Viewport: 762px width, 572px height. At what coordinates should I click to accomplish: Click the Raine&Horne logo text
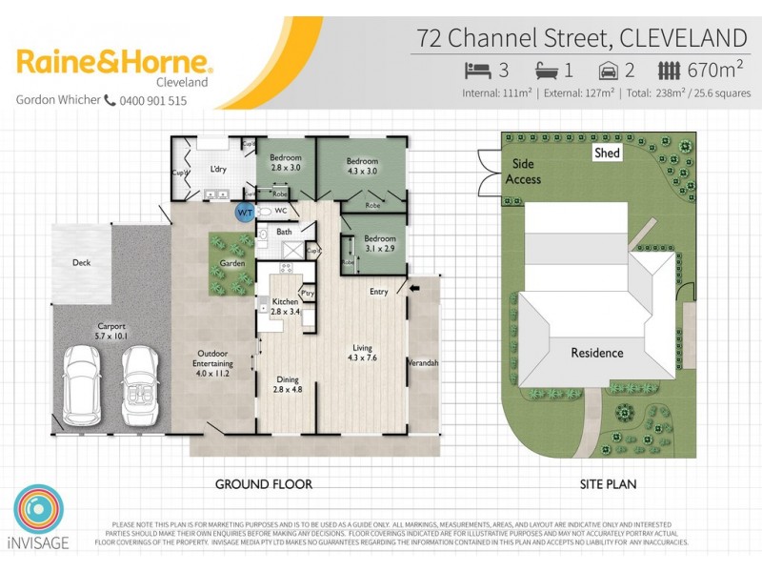point(114,64)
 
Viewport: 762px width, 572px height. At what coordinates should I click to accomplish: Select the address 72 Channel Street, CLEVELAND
point(582,37)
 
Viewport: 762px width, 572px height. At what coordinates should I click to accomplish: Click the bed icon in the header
point(475,71)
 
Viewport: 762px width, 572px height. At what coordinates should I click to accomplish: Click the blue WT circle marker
point(245,211)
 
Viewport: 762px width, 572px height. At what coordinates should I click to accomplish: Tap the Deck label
point(81,262)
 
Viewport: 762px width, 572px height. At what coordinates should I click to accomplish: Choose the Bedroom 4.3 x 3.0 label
point(362,166)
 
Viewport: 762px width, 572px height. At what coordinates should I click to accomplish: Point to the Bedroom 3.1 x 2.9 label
point(380,243)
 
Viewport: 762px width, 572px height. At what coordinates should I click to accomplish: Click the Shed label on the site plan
point(607,153)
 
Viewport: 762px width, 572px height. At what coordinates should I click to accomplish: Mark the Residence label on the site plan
point(596,353)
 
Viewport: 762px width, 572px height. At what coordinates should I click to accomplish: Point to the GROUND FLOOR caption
point(263,484)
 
